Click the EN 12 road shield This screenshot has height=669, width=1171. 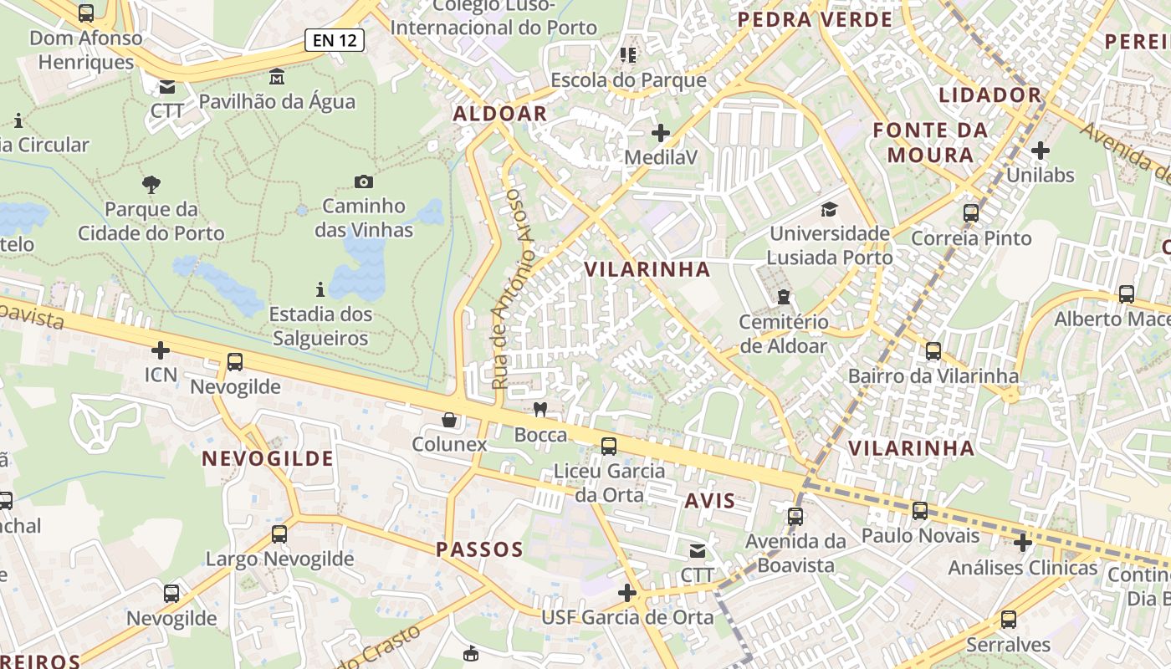(x=335, y=39)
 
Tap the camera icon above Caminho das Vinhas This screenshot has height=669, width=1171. (x=364, y=181)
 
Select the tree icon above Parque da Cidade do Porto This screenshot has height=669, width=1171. (x=151, y=184)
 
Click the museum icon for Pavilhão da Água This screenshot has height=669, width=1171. (x=277, y=78)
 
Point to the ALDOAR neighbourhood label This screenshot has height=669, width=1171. (x=500, y=114)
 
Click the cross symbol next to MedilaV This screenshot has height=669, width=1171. (x=661, y=132)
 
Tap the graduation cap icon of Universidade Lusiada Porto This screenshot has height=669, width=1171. (x=829, y=209)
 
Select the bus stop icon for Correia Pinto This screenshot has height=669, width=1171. (x=971, y=213)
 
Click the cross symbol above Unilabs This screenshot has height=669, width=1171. (x=1041, y=151)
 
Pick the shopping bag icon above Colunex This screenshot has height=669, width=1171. (x=449, y=419)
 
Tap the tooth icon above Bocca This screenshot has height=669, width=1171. (x=540, y=409)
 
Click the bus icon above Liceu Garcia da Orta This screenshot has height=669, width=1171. (x=609, y=447)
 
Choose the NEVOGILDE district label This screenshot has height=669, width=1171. (x=268, y=458)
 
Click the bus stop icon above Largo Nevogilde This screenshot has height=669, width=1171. (x=279, y=534)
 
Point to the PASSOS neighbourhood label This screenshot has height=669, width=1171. (x=479, y=549)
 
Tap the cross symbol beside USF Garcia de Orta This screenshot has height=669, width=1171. (x=627, y=593)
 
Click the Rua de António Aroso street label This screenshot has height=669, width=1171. (x=512, y=289)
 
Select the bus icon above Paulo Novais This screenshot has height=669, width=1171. (x=920, y=510)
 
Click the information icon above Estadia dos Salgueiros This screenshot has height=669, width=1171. (x=320, y=290)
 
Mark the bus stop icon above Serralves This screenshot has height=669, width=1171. (x=1009, y=620)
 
